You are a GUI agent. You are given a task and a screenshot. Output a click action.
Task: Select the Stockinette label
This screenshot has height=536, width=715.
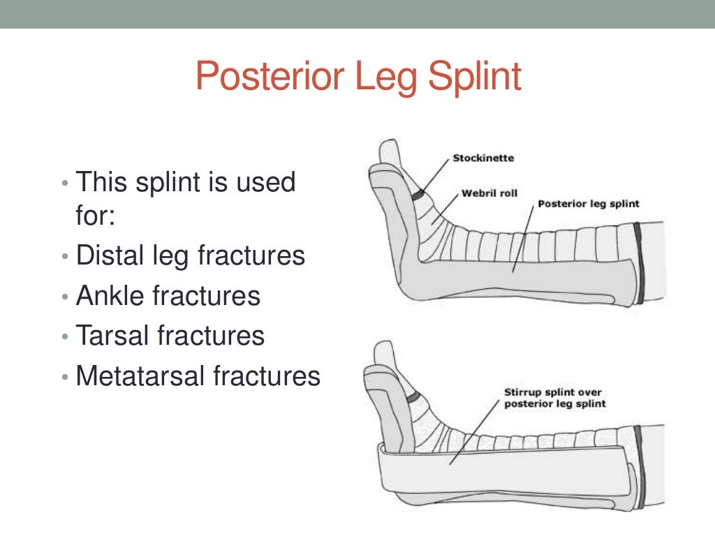(x=483, y=158)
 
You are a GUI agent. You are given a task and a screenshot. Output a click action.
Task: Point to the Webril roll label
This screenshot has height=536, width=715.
(x=489, y=193)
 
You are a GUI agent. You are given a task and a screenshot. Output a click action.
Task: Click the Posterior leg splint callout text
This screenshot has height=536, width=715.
(x=589, y=204)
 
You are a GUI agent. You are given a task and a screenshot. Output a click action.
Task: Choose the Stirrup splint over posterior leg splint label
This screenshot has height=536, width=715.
(x=555, y=398)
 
